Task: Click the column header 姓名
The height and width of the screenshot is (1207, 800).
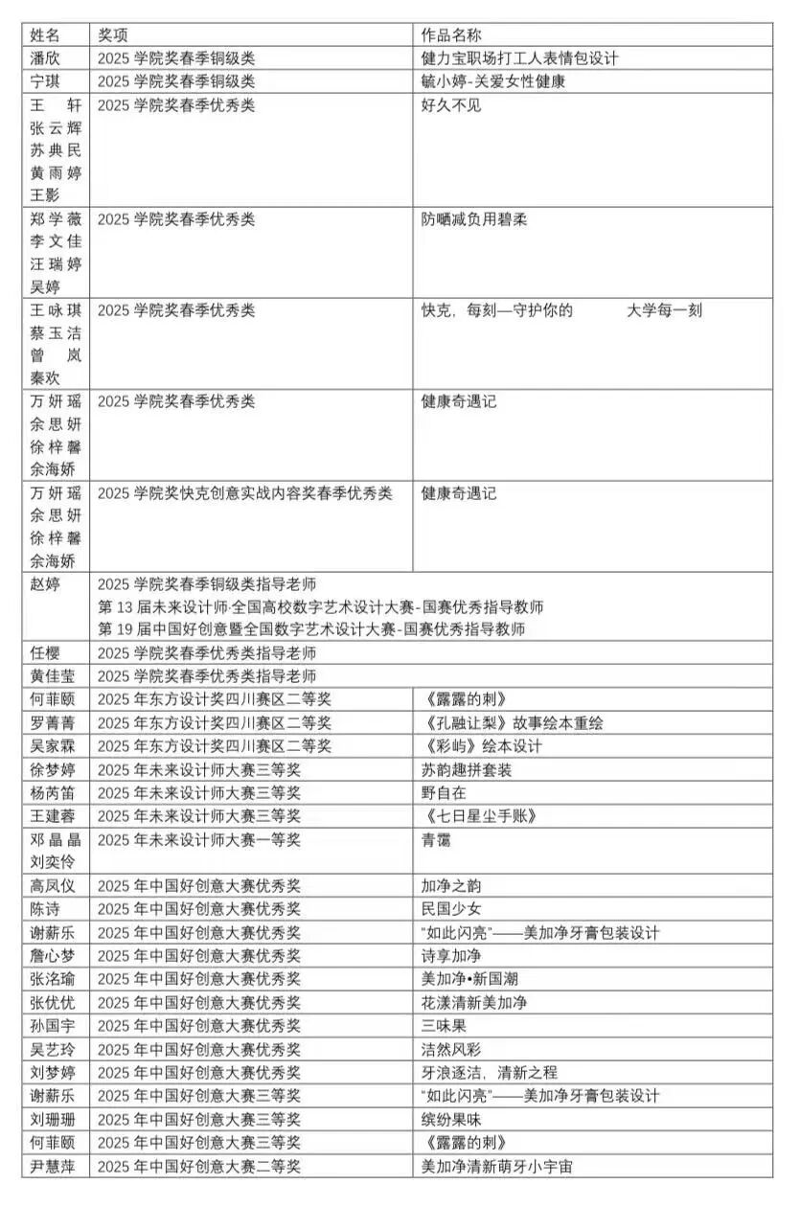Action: [45, 34]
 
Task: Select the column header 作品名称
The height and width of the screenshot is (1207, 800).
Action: [452, 34]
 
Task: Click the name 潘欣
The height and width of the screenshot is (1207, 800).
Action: [45, 57]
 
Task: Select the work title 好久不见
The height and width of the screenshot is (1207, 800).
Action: [451, 104]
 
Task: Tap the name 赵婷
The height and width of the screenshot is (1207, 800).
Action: [45, 583]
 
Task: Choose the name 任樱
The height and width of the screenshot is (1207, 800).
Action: [45, 653]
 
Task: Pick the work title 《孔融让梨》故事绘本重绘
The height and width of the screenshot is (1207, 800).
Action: [512, 723]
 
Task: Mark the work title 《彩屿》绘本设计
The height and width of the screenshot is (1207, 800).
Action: [481, 746]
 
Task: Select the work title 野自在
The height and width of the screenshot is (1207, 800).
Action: [444, 792]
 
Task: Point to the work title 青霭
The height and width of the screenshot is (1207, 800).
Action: [436, 840]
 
